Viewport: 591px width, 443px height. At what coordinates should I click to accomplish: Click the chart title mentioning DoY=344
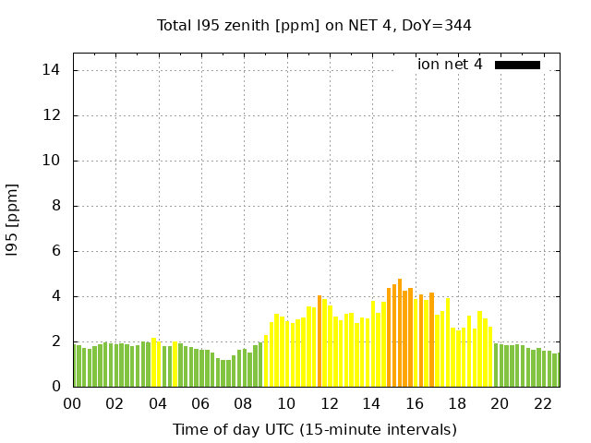pyautogui.click(x=314, y=26)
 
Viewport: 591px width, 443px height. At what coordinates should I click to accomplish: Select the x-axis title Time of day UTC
pyautogui.click(x=314, y=429)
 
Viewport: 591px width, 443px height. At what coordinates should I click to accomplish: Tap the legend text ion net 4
pyautogui.click(x=450, y=65)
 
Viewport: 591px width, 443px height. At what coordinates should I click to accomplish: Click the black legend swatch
pyautogui.click(x=517, y=65)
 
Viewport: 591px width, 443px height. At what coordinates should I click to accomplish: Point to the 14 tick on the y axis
pyautogui.click(x=54, y=70)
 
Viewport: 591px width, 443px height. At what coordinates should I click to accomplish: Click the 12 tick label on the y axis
pyautogui.click(x=54, y=115)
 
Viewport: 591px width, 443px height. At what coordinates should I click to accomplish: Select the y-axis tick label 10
pyautogui.click(x=54, y=161)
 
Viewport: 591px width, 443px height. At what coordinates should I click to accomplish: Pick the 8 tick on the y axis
pyautogui.click(x=57, y=206)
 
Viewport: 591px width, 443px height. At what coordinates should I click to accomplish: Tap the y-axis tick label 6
pyautogui.click(x=57, y=251)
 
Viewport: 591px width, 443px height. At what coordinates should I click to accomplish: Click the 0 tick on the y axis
pyautogui.click(x=57, y=387)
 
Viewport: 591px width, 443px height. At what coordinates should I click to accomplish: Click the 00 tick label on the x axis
pyautogui.click(x=73, y=404)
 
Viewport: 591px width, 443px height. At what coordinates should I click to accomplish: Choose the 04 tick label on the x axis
pyautogui.click(x=158, y=404)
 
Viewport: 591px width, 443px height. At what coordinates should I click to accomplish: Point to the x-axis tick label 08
pyautogui.click(x=244, y=404)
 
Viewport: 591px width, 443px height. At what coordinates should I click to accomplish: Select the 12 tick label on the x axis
pyautogui.click(x=329, y=404)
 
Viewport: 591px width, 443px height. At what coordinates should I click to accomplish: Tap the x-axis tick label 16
pyautogui.click(x=415, y=404)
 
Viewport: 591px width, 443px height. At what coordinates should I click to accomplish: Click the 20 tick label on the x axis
pyautogui.click(x=500, y=404)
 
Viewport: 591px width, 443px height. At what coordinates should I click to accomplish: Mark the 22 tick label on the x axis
pyautogui.click(x=543, y=404)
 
